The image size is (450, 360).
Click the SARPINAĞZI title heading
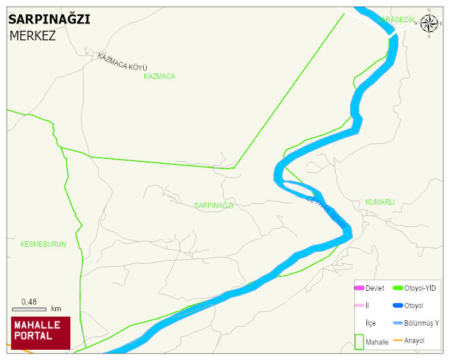49,19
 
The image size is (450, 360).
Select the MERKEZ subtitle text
32,36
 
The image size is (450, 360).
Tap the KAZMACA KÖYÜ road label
122,61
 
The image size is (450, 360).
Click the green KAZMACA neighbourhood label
159,76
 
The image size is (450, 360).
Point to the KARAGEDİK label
396,20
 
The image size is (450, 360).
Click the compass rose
429,23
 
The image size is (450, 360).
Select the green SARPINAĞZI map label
214,205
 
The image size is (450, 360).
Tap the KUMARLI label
380,202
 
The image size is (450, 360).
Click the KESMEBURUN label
43,244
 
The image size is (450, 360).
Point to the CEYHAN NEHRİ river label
328,212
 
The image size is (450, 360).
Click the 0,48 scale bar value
29,302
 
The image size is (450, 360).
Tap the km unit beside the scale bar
56,309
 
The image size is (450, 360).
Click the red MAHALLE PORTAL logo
40,333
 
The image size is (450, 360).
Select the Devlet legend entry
375,288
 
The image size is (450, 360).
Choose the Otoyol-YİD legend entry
420,288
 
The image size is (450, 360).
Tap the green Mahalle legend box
359,342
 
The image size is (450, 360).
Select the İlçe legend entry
371,323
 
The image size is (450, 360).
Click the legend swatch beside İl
359,306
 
